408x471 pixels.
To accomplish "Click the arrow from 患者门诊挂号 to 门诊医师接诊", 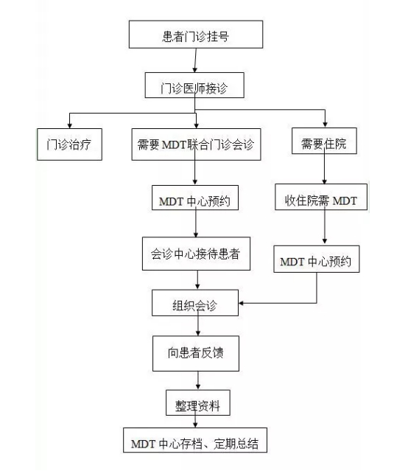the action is pos(195,60).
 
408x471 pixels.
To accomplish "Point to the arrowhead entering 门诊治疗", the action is pos(70,125).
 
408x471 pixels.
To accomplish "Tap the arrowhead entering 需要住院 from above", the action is pos(325,125).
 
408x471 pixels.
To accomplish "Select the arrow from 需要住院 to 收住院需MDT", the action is pos(324,169).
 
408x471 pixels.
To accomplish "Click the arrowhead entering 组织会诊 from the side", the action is pos(242,303).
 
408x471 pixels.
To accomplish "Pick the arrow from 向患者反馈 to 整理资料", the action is pos(198,380).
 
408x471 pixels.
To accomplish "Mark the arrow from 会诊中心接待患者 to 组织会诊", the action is pos(197,280).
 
